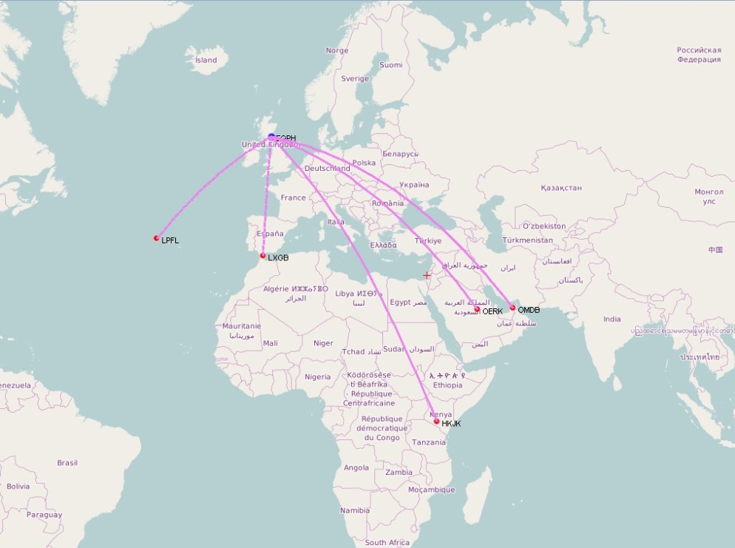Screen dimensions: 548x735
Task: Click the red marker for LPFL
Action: tap(156, 238)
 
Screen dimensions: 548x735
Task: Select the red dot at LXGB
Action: tap(262, 256)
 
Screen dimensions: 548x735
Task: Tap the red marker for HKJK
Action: tap(436, 422)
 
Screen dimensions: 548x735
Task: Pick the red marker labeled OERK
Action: tap(477, 309)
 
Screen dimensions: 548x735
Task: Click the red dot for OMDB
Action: tap(512, 308)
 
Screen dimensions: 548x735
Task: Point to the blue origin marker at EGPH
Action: tap(271, 137)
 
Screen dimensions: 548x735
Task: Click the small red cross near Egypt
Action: tap(427, 275)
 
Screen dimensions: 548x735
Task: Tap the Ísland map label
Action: tap(206, 60)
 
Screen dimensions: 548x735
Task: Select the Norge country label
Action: tap(336, 50)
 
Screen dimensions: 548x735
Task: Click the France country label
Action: tap(293, 197)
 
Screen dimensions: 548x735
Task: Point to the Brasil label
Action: tap(67, 463)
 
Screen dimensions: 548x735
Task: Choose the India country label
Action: tap(612, 319)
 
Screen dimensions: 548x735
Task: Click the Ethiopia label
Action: tap(448, 385)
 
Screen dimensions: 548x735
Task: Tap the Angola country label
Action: tap(356, 467)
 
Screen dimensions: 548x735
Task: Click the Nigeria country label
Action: tap(318, 376)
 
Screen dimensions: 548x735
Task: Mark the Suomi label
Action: tap(390, 65)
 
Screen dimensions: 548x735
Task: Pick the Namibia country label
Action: tap(355, 510)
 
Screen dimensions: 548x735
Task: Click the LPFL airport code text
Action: tap(170, 240)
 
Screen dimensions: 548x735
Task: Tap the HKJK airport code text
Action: tap(451, 424)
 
